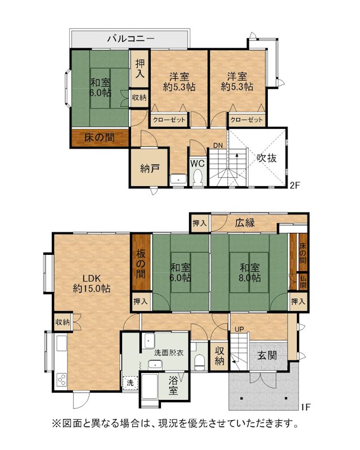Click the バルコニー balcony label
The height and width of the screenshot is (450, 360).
131,38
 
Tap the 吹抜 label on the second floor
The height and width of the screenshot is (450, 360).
267,158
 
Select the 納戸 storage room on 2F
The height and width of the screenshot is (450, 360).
149,168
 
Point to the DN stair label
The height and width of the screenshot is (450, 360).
218,146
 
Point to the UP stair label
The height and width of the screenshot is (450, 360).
239,330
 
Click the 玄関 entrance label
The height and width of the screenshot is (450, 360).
267,355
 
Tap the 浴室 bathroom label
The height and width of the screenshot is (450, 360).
173,386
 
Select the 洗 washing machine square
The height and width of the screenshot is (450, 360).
130,383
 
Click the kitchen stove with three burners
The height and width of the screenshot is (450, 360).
61,380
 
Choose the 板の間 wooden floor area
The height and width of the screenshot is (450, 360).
141,262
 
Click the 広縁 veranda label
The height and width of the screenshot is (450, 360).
245,223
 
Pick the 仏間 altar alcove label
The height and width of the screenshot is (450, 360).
303,282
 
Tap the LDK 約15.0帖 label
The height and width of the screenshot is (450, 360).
92,283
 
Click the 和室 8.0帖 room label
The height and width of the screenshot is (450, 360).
250,273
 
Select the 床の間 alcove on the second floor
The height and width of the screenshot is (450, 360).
100,138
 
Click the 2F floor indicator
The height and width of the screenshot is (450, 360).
295,186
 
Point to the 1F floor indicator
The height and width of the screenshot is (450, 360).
306,407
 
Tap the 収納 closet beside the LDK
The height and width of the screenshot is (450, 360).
62,322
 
